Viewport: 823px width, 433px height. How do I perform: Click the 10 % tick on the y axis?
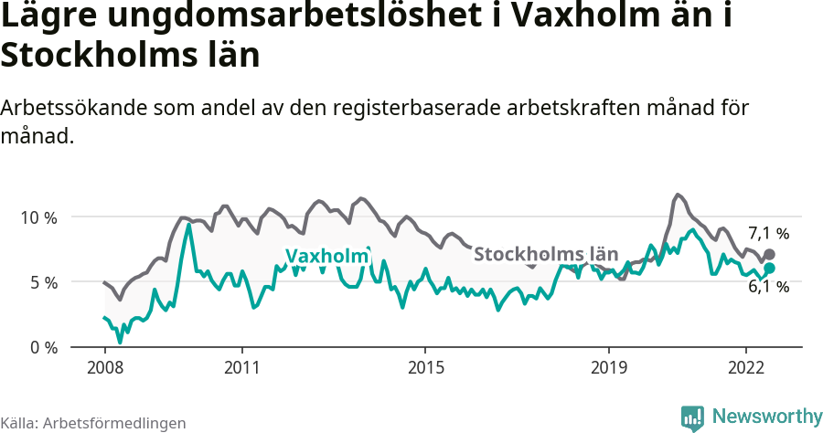38,217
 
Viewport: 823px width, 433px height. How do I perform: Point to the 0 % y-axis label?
43,347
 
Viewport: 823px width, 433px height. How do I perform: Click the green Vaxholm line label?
326,257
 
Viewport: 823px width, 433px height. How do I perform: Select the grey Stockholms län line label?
547,254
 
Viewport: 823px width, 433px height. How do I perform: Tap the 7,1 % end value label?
768,233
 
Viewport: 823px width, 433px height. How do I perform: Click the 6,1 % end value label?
768,287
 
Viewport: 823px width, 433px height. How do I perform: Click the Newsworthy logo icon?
692,417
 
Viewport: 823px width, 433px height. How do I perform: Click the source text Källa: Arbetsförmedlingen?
93,423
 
